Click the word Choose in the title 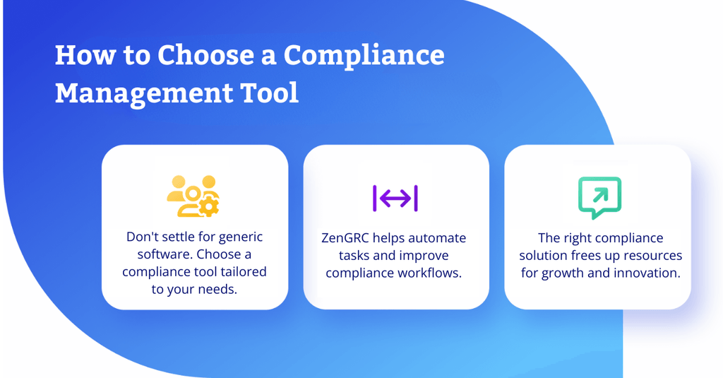pyautogui.click(x=205, y=55)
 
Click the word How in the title pyautogui.click(x=85, y=55)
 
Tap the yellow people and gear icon pyautogui.click(x=193, y=196)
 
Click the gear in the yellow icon pyautogui.click(x=209, y=206)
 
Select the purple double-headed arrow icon pyautogui.click(x=395, y=199)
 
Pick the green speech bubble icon pyautogui.click(x=600, y=198)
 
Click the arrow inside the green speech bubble pyautogui.click(x=600, y=196)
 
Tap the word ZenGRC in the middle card pyautogui.click(x=345, y=238)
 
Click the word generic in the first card pyautogui.click(x=240, y=237)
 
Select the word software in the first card pyautogui.click(x=165, y=254)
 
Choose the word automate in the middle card pyautogui.click(x=437, y=238)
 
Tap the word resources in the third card pyautogui.click(x=652, y=256)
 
